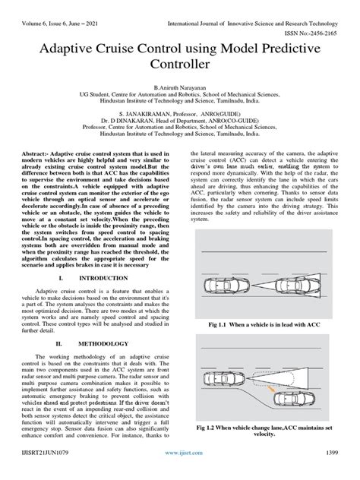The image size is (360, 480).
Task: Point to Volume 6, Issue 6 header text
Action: tap(50, 8)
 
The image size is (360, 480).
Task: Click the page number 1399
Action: tap(341, 473)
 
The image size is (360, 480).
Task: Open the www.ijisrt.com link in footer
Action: tap(180, 473)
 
